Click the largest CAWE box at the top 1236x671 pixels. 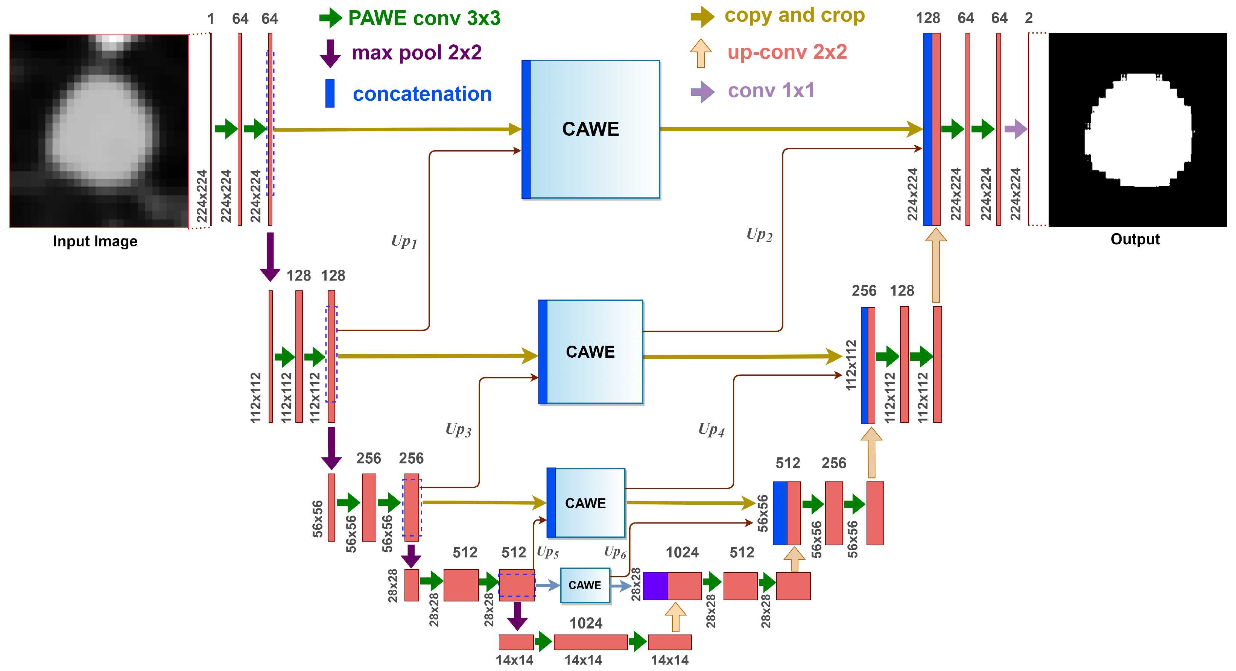(591, 129)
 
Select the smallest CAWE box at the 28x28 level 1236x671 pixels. (585, 585)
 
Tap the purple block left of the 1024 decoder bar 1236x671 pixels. (655, 586)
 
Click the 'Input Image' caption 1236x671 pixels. (95, 241)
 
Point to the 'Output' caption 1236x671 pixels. (1135, 239)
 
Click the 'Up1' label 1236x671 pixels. (404, 241)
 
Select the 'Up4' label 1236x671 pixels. (711, 429)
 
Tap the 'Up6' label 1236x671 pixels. (615, 552)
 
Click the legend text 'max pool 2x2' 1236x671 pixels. (417, 52)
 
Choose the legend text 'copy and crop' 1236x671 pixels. (795, 15)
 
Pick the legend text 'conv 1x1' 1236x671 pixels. (771, 90)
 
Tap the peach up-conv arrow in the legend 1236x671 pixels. (701, 53)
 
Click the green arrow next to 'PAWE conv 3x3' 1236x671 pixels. (331, 18)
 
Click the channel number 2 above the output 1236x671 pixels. (1029, 18)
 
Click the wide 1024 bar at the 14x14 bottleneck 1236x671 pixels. (591, 642)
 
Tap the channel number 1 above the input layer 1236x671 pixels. (211, 19)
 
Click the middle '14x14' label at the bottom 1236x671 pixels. (583, 660)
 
